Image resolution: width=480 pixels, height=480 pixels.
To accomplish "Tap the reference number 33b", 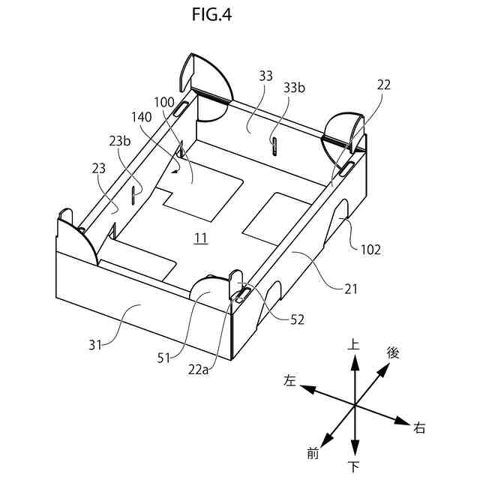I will coord(295,88).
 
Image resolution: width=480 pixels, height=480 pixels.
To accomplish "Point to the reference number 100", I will coord(163,102).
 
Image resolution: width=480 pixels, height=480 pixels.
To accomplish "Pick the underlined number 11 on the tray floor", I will coord(200,238).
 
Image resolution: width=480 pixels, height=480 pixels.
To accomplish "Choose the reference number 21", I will coord(351,288).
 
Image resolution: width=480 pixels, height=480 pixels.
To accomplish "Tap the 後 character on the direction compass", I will coord(392,352).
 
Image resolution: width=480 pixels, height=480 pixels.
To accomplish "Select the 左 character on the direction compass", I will coord(290,381).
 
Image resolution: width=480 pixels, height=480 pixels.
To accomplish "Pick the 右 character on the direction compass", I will coord(419,428).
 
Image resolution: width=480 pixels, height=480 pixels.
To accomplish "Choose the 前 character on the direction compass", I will coord(313,452).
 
